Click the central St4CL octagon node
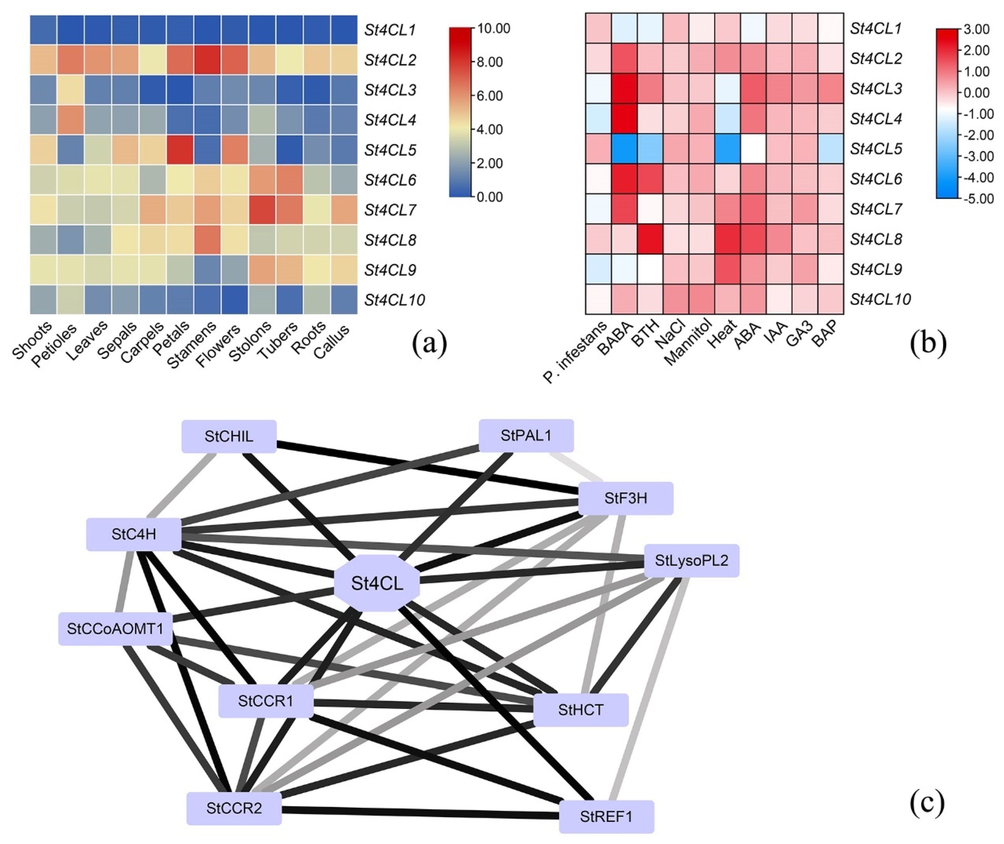coord(377,583)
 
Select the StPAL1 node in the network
coord(526,436)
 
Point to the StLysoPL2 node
coord(691,560)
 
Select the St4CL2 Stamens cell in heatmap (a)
coord(208,60)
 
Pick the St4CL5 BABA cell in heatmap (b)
coord(624,149)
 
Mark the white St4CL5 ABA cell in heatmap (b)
coord(753,149)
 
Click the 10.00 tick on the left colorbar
coord(494,29)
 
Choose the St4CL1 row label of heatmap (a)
coord(390,30)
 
